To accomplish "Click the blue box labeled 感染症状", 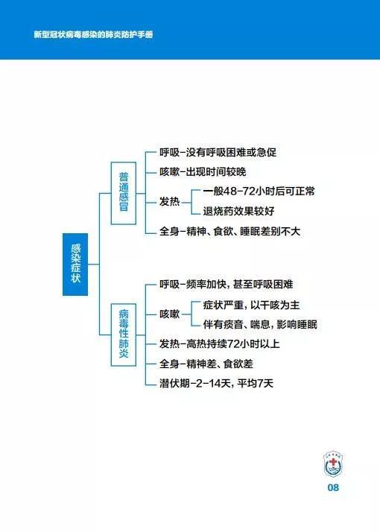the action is click(x=75, y=265).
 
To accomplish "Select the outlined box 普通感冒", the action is click(x=124, y=193).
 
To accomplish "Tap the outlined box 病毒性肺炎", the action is click(x=124, y=335).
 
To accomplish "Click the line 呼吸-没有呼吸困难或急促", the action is click(x=218, y=152).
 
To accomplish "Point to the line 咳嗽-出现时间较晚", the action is click(x=203, y=172).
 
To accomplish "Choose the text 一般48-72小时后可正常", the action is click(x=259, y=191).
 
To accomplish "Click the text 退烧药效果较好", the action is click(x=238, y=212).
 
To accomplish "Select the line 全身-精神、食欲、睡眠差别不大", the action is click(x=229, y=232).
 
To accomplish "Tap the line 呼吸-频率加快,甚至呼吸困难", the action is click(x=227, y=285).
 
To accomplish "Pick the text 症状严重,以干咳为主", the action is click(x=251, y=305).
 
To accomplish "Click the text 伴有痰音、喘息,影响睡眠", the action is click(x=260, y=325).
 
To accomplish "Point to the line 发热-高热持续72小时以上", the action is click(x=220, y=344).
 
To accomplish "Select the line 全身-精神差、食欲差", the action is click(x=206, y=364).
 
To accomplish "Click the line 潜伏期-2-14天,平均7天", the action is click(x=217, y=384).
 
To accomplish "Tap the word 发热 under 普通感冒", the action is click(x=169, y=201).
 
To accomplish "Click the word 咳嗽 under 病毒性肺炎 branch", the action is click(x=169, y=314).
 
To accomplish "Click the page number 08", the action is click(x=333, y=488).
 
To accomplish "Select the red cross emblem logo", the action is click(x=333, y=464).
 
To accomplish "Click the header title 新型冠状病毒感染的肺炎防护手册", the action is click(x=93, y=34).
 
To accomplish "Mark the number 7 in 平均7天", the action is click(x=261, y=384).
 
